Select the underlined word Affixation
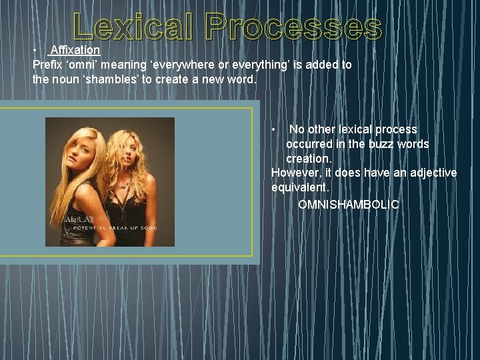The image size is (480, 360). tap(75, 50)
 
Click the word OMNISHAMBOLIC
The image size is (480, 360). tap(348, 204)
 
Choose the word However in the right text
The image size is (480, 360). tap(294, 173)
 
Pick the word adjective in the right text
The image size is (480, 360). tap(433, 173)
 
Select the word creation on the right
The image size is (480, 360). tap(307, 159)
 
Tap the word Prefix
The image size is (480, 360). tap(48, 65)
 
